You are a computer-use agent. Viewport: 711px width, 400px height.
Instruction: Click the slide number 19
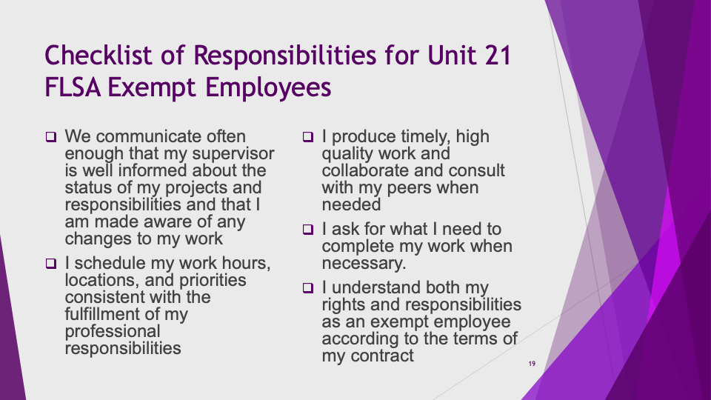click(532, 364)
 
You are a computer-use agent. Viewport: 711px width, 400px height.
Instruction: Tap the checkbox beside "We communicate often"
click(51, 137)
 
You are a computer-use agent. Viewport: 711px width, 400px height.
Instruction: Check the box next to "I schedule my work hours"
click(51, 264)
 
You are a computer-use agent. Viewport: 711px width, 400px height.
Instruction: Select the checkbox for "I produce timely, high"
click(308, 137)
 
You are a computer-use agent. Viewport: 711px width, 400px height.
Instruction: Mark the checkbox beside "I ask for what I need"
click(308, 230)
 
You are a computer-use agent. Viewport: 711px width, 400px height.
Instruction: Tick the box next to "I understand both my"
click(308, 288)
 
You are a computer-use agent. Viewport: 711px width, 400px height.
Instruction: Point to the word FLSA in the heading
click(73, 87)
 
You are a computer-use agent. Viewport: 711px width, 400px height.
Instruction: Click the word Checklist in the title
click(99, 56)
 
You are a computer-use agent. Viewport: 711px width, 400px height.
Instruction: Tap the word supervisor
click(233, 154)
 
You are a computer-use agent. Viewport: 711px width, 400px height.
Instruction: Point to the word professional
click(113, 332)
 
